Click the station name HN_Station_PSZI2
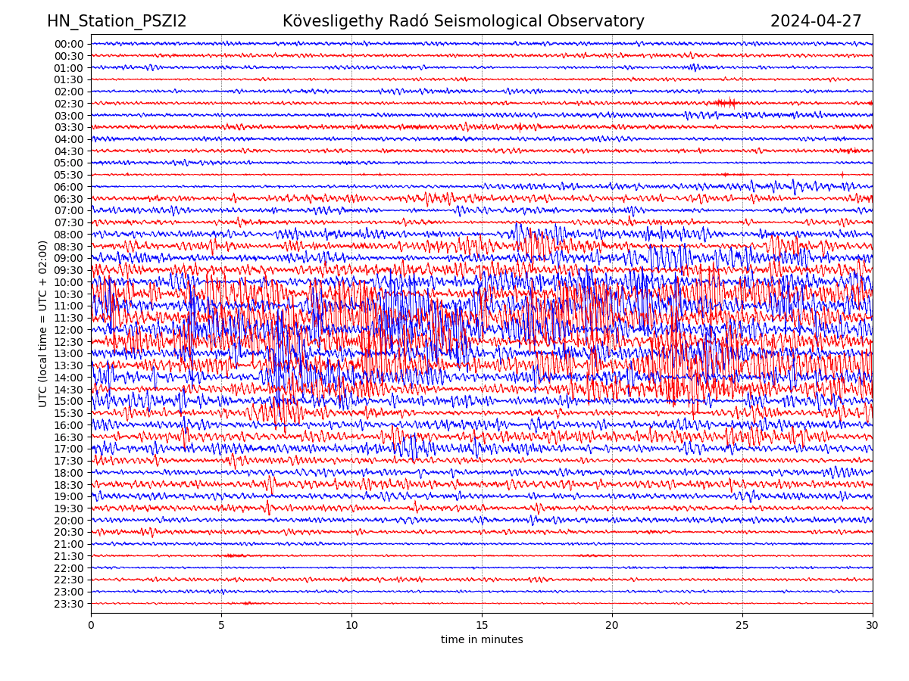[x=117, y=21]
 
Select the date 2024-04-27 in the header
[x=816, y=21]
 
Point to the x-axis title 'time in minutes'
[x=482, y=640]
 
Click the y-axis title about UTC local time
[x=43, y=324]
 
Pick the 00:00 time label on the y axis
[x=69, y=44]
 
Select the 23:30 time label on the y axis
[x=69, y=604]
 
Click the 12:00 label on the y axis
[x=69, y=330]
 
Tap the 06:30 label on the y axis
[x=69, y=199]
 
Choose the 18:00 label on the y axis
[x=69, y=473]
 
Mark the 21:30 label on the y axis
[x=69, y=556]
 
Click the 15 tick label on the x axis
[x=482, y=625]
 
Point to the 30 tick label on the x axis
[x=873, y=625]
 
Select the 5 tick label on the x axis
[x=221, y=625]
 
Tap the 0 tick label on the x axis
[x=91, y=625]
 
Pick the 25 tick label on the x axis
[x=742, y=625]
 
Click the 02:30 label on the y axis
[x=69, y=104]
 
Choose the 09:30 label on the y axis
[x=69, y=270]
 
